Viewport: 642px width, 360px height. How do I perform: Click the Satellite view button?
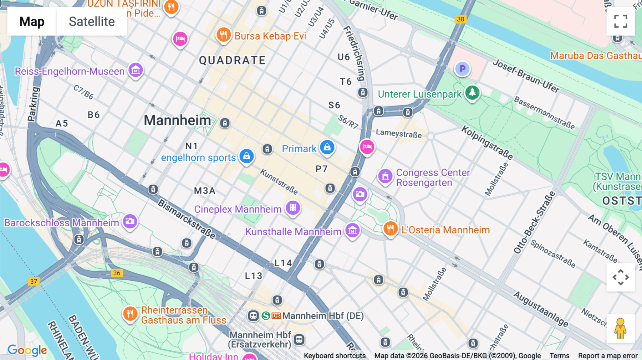coord(92,21)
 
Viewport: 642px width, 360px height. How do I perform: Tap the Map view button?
coord(32,21)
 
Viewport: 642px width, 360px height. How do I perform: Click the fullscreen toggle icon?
coord(621,21)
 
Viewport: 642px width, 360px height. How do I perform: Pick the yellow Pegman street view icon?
coord(620,328)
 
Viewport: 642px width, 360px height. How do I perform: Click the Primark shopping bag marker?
coord(327,147)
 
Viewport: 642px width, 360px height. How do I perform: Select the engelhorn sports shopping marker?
coord(246,156)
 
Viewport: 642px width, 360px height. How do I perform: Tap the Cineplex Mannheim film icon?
coord(293,207)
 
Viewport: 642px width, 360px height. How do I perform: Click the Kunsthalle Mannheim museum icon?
coord(352,230)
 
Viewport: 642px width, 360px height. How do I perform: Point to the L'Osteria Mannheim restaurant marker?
coord(391,228)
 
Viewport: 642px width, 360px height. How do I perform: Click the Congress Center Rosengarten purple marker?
coord(385,176)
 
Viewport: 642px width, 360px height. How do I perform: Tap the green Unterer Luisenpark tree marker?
coord(472,93)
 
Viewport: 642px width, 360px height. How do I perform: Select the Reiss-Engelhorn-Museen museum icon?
coord(136,70)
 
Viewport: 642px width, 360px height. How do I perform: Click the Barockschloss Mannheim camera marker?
coord(130,221)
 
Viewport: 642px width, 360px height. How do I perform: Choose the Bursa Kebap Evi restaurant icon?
coord(224,35)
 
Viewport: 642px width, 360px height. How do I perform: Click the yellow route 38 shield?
coord(460,19)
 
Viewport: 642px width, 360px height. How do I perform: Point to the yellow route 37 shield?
coord(34,282)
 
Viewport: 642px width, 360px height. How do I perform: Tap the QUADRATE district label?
coord(232,61)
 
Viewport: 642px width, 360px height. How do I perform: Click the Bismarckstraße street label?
coord(187,219)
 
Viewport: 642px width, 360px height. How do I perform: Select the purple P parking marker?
coord(462,69)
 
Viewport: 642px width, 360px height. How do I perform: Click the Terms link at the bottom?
coord(559,356)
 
